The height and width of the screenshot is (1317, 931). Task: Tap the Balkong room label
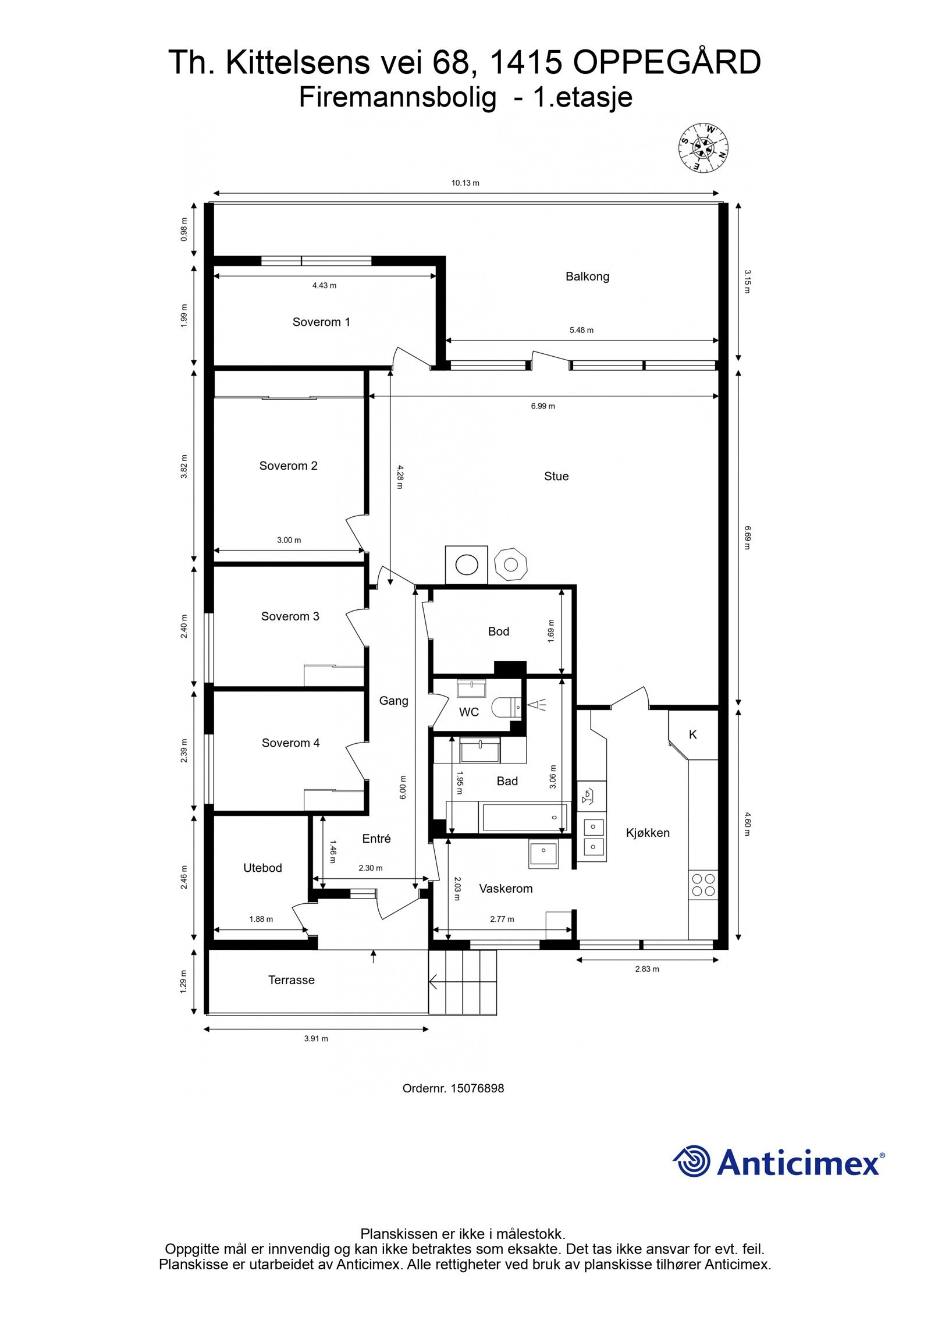coord(587,276)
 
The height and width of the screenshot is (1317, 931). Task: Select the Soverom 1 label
coord(321,322)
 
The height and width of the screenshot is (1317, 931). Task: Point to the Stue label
coord(556,476)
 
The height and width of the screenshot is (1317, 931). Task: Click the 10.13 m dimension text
coord(465,183)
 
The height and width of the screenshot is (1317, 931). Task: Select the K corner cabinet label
coord(692,734)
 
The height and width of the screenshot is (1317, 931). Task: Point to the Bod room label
coord(498,631)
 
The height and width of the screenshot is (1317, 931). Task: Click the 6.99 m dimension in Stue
coord(542,406)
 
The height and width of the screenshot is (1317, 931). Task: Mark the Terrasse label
coord(291,980)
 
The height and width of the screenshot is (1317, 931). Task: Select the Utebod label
coord(262,868)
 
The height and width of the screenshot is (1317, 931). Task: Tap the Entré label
coord(376,839)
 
